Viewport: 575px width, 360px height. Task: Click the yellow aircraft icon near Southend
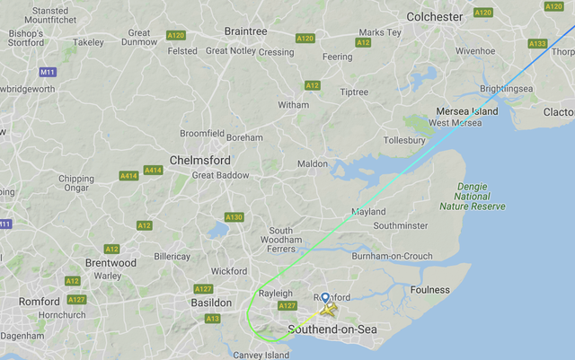[329, 311]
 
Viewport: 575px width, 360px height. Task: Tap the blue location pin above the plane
[325, 299]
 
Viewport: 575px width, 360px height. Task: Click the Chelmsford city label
[201, 160]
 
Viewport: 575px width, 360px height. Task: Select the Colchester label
[435, 16]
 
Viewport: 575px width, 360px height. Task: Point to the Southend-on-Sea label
[332, 329]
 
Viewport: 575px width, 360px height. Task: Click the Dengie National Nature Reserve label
[472, 196]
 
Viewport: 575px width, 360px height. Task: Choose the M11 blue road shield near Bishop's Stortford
[48, 72]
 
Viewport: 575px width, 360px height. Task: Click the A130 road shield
[234, 217]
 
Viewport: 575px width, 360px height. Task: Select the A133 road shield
[537, 43]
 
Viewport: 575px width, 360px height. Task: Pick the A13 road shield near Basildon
[213, 319]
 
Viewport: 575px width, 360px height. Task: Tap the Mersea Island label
[466, 110]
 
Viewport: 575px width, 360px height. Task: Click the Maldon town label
[313, 164]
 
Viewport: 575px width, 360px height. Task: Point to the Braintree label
[245, 31]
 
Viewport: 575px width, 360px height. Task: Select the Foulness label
[429, 290]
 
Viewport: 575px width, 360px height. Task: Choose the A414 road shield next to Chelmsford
[153, 170]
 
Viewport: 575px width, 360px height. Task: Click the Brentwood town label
[110, 263]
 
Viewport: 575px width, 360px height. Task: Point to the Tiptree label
[354, 92]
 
